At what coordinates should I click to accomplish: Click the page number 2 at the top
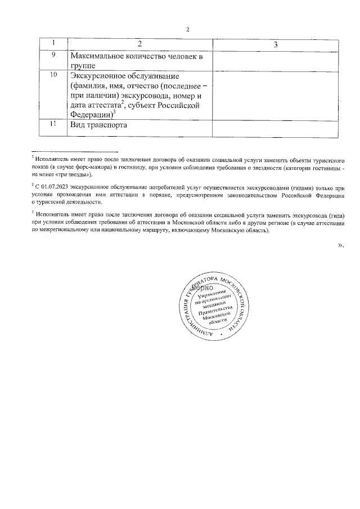coord(188,30)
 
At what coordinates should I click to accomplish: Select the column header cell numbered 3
coord(276,44)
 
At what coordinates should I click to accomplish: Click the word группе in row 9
coord(83,66)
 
